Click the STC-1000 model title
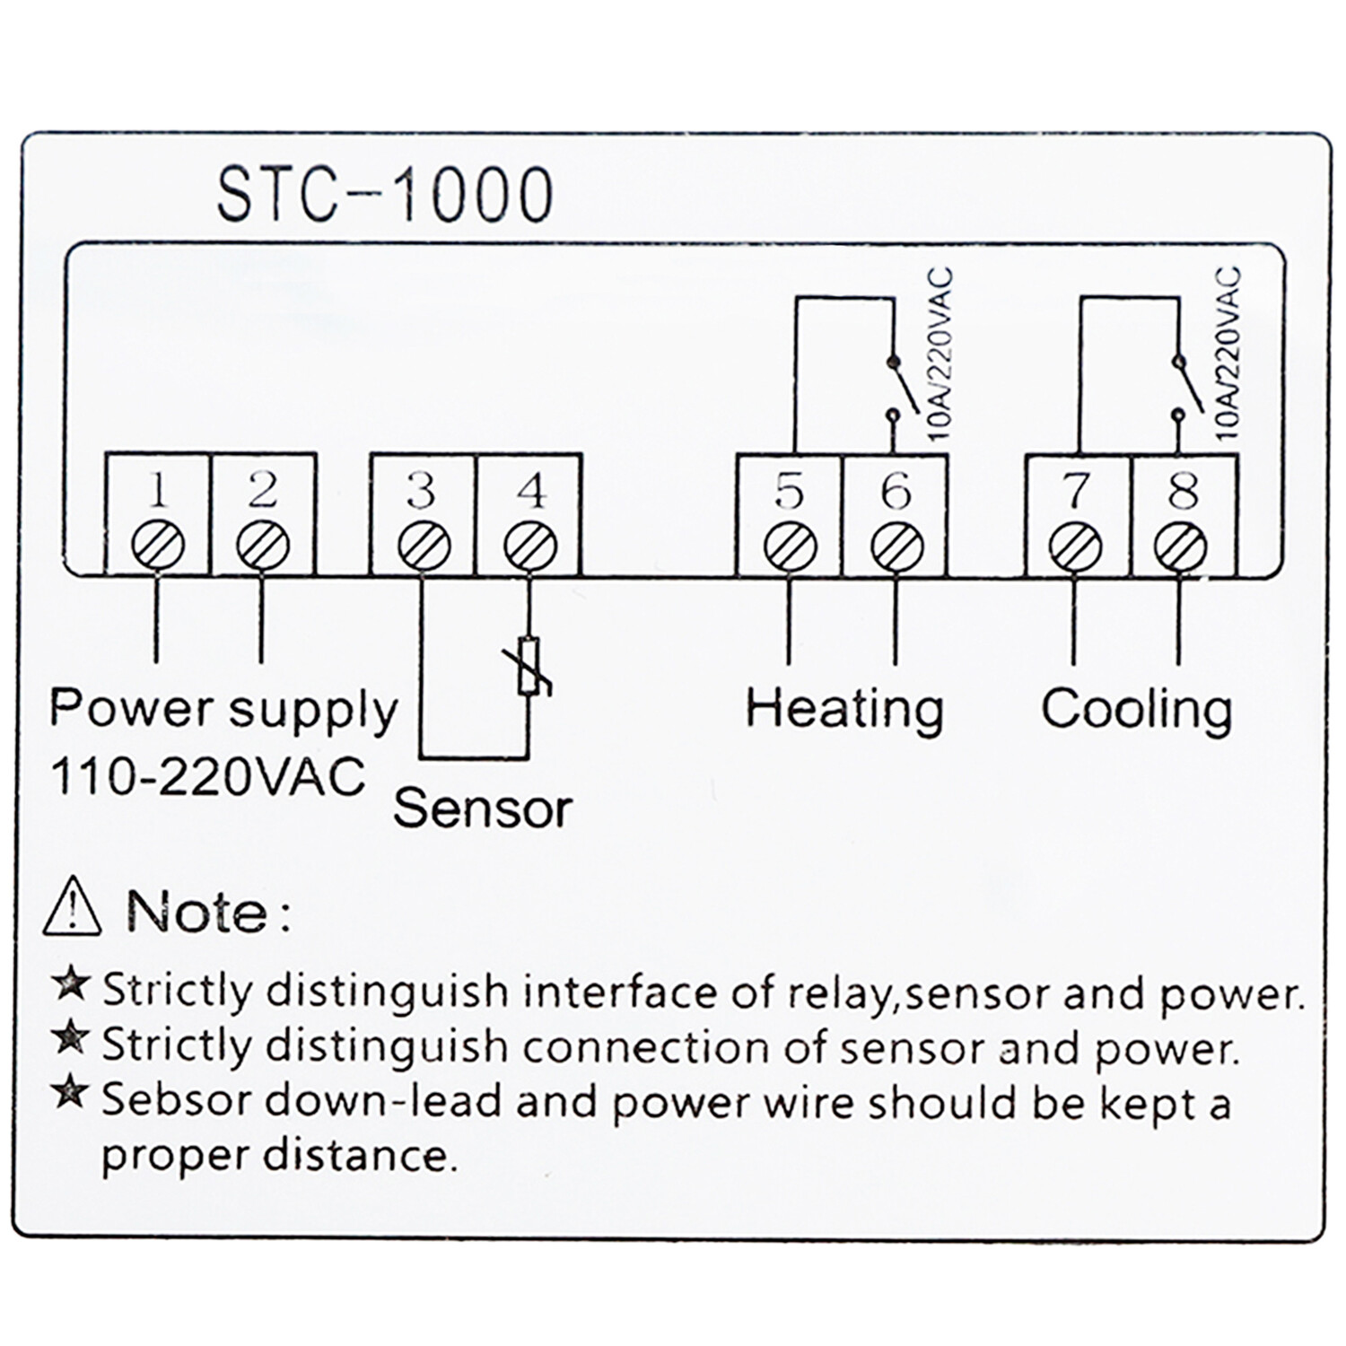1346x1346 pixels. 384,196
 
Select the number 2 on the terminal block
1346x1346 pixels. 262,491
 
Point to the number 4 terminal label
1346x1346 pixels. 531,491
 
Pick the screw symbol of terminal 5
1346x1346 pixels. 790,545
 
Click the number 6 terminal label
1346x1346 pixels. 896,491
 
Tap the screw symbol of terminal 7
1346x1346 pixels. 1075,545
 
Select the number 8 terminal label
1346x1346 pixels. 1184,491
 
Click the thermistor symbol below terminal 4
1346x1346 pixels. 529,666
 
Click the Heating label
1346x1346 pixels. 844,709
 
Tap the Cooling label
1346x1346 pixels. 1136,709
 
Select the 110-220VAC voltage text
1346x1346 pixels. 207,776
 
